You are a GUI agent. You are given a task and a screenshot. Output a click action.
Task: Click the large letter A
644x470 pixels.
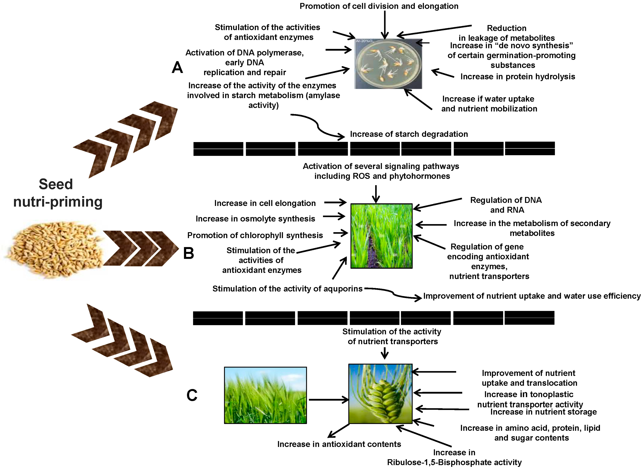tap(177, 68)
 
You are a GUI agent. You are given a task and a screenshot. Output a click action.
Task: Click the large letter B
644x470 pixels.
tap(189, 253)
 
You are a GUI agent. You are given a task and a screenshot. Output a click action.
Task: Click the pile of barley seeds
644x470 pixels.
tap(54, 249)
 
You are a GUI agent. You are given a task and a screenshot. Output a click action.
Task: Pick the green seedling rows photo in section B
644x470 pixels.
tap(381, 236)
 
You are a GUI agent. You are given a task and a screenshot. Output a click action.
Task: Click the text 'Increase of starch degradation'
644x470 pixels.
tap(409, 134)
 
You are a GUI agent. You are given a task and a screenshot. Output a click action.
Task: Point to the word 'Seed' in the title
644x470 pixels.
tap(56, 184)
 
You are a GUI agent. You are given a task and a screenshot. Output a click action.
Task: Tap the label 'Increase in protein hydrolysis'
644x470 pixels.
tap(518, 77)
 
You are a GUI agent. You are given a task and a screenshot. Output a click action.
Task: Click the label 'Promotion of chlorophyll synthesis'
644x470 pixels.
tap(255, 235)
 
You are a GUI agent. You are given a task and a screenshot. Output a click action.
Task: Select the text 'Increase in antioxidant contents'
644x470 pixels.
tap(339, 444)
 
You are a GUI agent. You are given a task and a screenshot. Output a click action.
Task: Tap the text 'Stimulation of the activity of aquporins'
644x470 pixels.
tap(287, 289)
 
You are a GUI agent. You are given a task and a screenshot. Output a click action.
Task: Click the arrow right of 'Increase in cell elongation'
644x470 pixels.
tap(335, 203)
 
